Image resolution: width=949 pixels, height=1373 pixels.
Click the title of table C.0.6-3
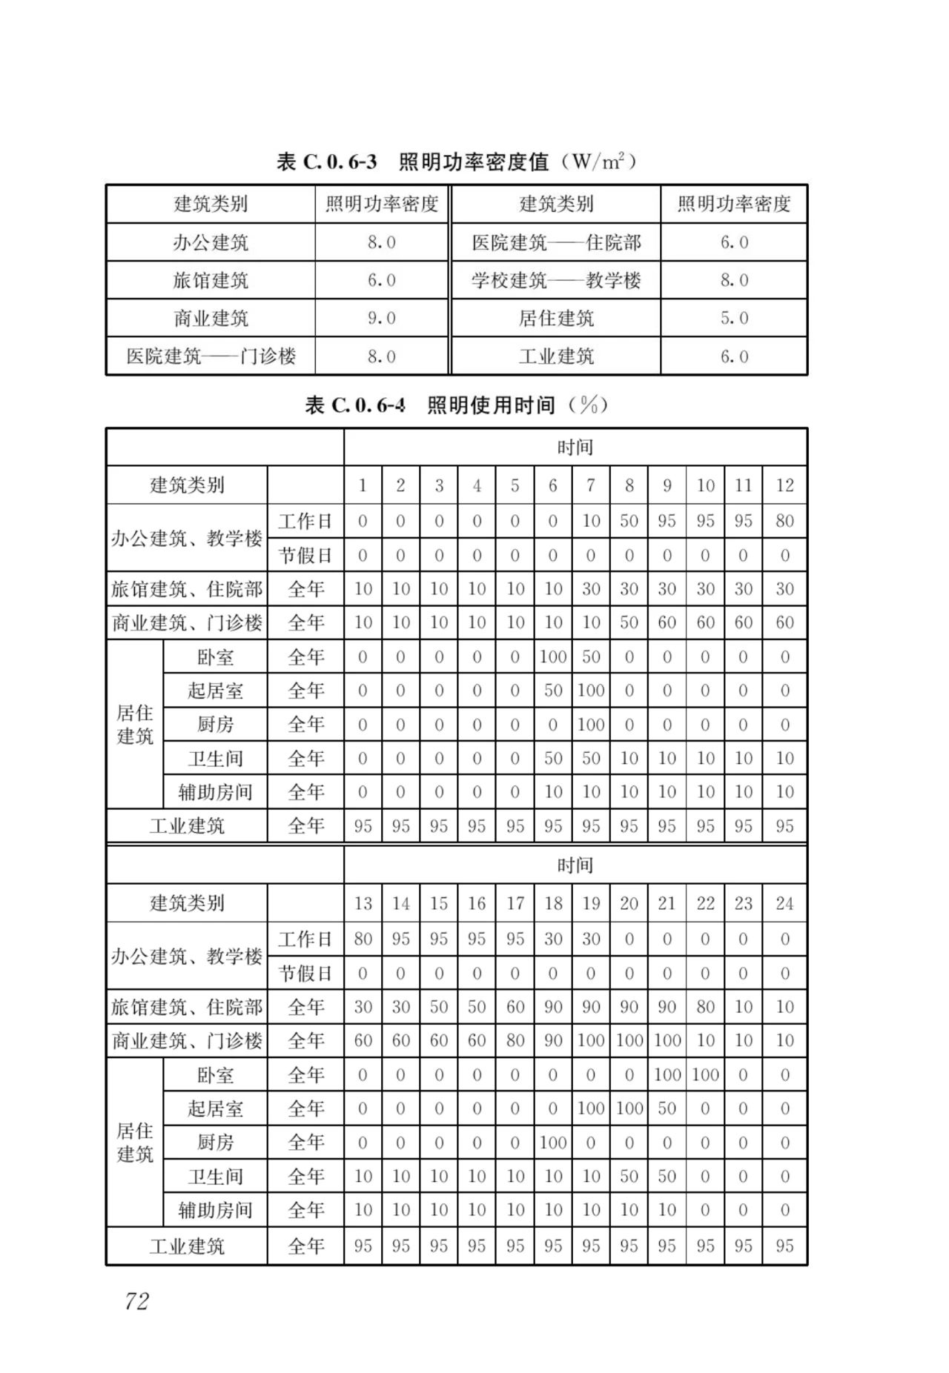pyautogui.click(x=456, y=161)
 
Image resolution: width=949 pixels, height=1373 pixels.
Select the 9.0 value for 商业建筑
pyautogui.click(x=382, y=319)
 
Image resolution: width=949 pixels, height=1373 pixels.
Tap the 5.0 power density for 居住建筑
pyautogui.click(x=734, y=319)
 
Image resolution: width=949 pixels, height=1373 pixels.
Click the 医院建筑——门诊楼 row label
pyautogui.click(x=211, y=356)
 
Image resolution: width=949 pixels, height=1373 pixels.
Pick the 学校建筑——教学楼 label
pyautogui.click(x=556, y=281)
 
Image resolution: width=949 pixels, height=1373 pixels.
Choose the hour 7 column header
pyautogui.click(x=590, y=485)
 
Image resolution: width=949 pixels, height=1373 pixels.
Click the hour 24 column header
pyautogui.click(x=784, y=903)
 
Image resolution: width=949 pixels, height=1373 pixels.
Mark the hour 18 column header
pyautogui.click(x=553, y=903)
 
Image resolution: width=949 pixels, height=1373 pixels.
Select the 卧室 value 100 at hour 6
pyautogui.click(x=553, y=656)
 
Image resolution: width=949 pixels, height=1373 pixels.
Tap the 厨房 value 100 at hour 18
pyautogui.click(x=553, y=1143)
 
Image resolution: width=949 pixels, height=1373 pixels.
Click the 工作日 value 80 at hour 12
pyautogui.click(x=784, y=521)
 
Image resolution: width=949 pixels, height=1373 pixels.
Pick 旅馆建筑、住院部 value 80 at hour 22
pyautogui.click(x=705, y=1007)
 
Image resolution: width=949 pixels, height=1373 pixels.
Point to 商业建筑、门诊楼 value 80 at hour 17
pyautogui.click(x=515, y=1040)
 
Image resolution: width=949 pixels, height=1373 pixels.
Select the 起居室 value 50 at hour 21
pyautogui.click(x=667, y=1108)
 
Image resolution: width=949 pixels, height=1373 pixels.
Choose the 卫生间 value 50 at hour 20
pyautogui.click(x=629, y=1176)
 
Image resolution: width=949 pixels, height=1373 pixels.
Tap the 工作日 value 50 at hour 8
pyautogui.click(x=629, y=521)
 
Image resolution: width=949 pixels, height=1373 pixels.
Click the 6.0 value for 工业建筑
pyautogui.click(x=734, y=356)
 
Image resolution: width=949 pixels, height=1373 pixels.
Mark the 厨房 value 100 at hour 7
pyautogui.click(x=590, y=725)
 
